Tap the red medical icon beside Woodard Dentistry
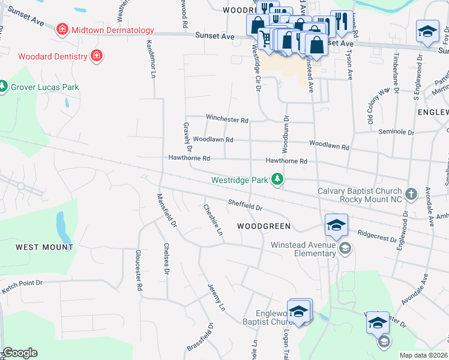coord(96,57)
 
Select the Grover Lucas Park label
coord(46,87)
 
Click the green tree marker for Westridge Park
coord(277,179)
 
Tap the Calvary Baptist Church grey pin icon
coord(411,194)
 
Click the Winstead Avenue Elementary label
coord(303,249)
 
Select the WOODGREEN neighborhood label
coord(264,226)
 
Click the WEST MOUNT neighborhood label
coord(44,247)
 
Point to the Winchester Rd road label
coord(227,119)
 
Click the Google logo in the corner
coord(20,353)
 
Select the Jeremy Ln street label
coord(215,298)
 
